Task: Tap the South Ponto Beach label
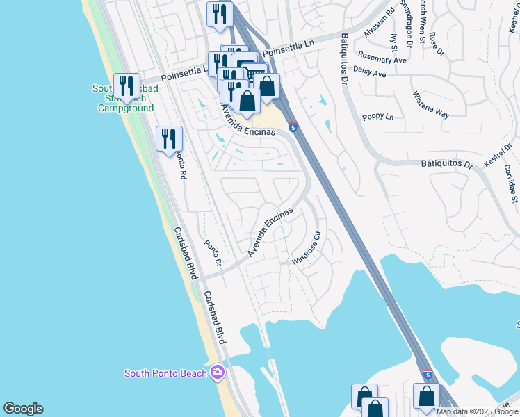(165, 373)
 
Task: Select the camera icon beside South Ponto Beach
(218, 373)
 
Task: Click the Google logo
(23, 409)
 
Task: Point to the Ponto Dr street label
(212, 254)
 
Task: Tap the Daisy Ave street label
(369, 72)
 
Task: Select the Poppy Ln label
(378, 117)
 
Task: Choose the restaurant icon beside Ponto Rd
(169, 139)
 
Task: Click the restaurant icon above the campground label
(127, 85)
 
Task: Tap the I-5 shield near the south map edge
(427, 375)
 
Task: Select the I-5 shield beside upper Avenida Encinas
(294, 128)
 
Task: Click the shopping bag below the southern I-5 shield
(426, 396)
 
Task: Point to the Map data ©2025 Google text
(478, 411)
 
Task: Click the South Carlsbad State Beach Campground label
(126, 98)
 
